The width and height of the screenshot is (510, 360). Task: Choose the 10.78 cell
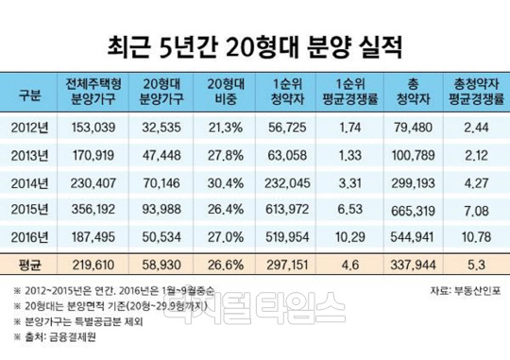click(476, 234)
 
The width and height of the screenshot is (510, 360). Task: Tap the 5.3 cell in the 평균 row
click(476, 262)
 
